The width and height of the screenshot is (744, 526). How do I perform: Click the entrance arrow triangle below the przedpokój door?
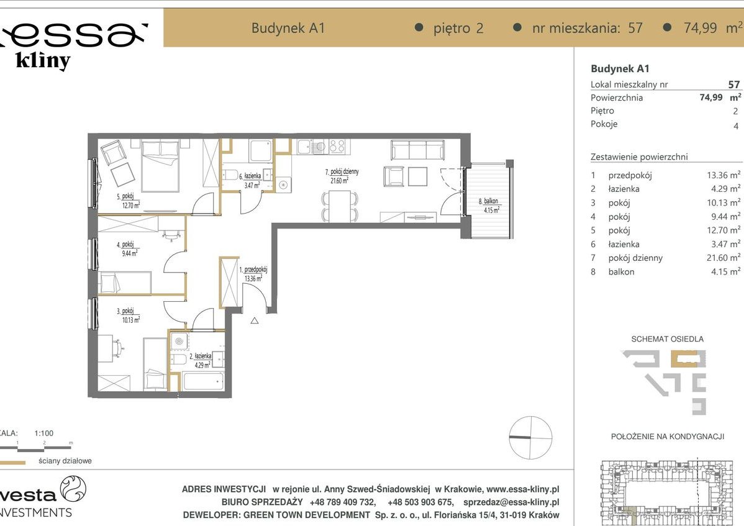255,321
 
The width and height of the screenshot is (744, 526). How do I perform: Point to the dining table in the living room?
339,206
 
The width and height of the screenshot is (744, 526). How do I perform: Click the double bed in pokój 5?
161,165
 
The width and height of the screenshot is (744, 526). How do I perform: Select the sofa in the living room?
417,150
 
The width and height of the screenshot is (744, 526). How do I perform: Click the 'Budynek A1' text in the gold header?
288,28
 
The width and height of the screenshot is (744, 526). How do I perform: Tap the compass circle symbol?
530,438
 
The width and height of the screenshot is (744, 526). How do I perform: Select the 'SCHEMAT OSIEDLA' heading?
667,339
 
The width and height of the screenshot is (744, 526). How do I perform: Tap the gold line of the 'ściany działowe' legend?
12,463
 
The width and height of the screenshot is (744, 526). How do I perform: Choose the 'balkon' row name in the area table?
621,271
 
